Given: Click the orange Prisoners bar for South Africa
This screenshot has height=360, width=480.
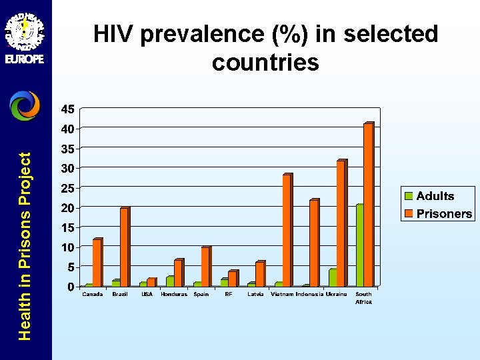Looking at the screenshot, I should click(368, 205).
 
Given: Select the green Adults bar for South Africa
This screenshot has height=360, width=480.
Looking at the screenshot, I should click(360, 245).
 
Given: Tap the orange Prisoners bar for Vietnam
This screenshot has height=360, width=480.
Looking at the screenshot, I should click(287, 231).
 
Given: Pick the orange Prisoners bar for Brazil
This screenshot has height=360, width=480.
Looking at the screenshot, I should click(124, 247).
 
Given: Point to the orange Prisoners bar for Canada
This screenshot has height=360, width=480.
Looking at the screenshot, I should click(97, 263).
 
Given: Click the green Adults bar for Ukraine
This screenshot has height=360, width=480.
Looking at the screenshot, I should click(333, 278).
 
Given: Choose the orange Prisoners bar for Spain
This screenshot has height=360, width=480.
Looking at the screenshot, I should click(205, 267).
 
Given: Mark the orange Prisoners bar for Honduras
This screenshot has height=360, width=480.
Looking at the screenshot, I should click(178, 273).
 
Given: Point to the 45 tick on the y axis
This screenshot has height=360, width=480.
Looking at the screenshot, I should click(67, 109).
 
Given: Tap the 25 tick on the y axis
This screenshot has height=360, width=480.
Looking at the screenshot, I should click(67, 188).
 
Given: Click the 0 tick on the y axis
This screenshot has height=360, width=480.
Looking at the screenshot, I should click(71, 287).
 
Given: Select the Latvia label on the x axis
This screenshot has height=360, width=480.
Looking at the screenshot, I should click(255, 294).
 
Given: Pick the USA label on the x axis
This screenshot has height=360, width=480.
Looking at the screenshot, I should click(147, 294).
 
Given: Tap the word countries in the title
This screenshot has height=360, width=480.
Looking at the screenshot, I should click(265, 63).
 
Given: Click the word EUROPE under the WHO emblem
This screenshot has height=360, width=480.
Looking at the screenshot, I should click(25, 59).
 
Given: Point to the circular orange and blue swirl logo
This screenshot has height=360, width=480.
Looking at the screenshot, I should click(25, 105).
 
